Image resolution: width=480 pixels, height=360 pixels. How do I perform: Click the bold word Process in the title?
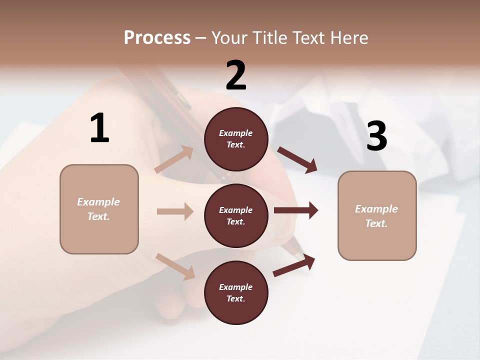click(x=157, y=37)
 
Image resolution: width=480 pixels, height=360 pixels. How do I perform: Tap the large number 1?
click(x=99, y=128)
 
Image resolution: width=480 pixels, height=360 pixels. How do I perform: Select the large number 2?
click(x=236, y=75)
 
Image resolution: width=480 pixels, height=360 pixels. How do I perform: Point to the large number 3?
click(x=377, y=136)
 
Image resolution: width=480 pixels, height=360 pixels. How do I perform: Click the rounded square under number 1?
click(x=99, y=209)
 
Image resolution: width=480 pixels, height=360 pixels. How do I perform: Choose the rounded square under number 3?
click(x=377, y=216)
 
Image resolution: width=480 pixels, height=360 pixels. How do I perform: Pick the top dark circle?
click(x=236, y=139)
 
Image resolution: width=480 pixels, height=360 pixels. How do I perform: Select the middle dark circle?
click(x=236, y=216)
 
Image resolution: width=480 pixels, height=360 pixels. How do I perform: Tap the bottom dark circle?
click(x=236, y=293)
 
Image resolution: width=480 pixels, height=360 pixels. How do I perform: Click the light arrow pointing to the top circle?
click(x=174, y=160)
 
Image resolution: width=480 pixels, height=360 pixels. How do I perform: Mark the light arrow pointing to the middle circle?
click(x=175, y=211)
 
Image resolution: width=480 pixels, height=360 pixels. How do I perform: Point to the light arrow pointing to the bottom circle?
click(x=175, y=266)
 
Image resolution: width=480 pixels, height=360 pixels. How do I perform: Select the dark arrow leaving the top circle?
click(x=297, y=160)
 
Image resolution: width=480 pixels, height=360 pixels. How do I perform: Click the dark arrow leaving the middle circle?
click(x=296, y=210)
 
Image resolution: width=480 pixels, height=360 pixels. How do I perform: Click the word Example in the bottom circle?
click(x=236, y=287)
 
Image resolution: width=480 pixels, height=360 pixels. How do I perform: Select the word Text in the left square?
click(x=98, y=216)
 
